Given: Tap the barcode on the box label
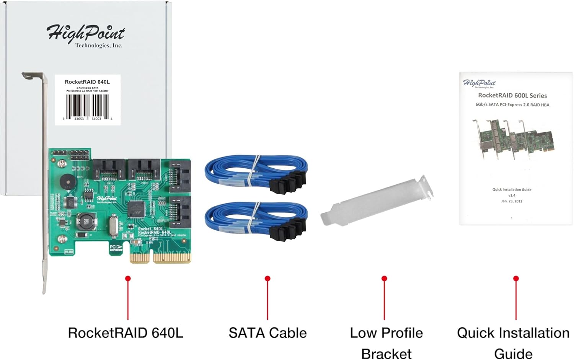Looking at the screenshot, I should (88, 106).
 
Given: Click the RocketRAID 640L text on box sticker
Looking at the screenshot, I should (87, 82).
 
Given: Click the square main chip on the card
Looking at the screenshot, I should (136, 208).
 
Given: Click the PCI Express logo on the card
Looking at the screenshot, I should (116, 248).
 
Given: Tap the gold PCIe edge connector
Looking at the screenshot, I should (161, 257).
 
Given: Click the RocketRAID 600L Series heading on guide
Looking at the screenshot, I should (512, 96).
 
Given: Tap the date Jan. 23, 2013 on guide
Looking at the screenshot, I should (512, 201).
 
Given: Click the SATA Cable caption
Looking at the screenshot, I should (267, 333).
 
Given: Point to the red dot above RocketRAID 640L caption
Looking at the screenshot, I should (128, 279).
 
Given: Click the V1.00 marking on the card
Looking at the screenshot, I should (69, 252).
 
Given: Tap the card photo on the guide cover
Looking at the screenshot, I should (513, 140).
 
